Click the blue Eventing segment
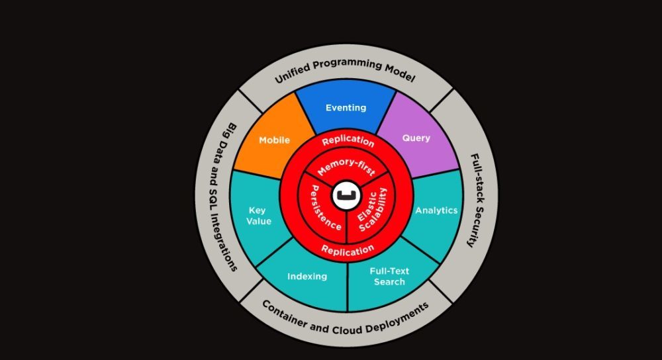tap(346, 108)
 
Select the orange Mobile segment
tap(274, 140)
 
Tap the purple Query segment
tap(416, 138)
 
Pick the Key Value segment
tap(259, 216)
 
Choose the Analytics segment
tap(436, 210)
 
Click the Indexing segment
tap(307, 276)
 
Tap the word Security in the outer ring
tap(471, 224)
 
